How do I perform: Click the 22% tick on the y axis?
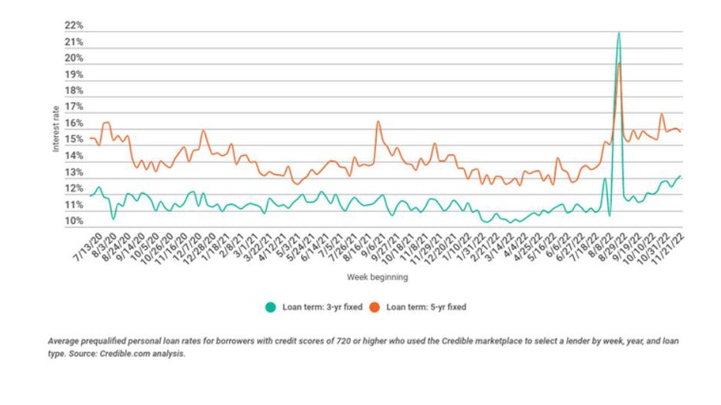tap(73, 26)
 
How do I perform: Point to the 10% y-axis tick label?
tap(73, 222)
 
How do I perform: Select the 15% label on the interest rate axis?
tap(73, 140)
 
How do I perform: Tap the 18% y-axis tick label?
tap(73, 91)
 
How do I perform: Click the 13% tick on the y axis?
tap(73, 172)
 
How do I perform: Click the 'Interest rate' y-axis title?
tap(56, 128)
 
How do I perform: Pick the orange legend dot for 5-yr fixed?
tap(374, 307)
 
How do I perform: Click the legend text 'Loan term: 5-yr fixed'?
tap(425, 307)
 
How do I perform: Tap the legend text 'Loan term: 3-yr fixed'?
tap(320, 307)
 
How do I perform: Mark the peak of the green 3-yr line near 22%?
tap(618, 32)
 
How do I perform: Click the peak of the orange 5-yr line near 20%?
tap(620, 63)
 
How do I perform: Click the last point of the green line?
tap(681, 175)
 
